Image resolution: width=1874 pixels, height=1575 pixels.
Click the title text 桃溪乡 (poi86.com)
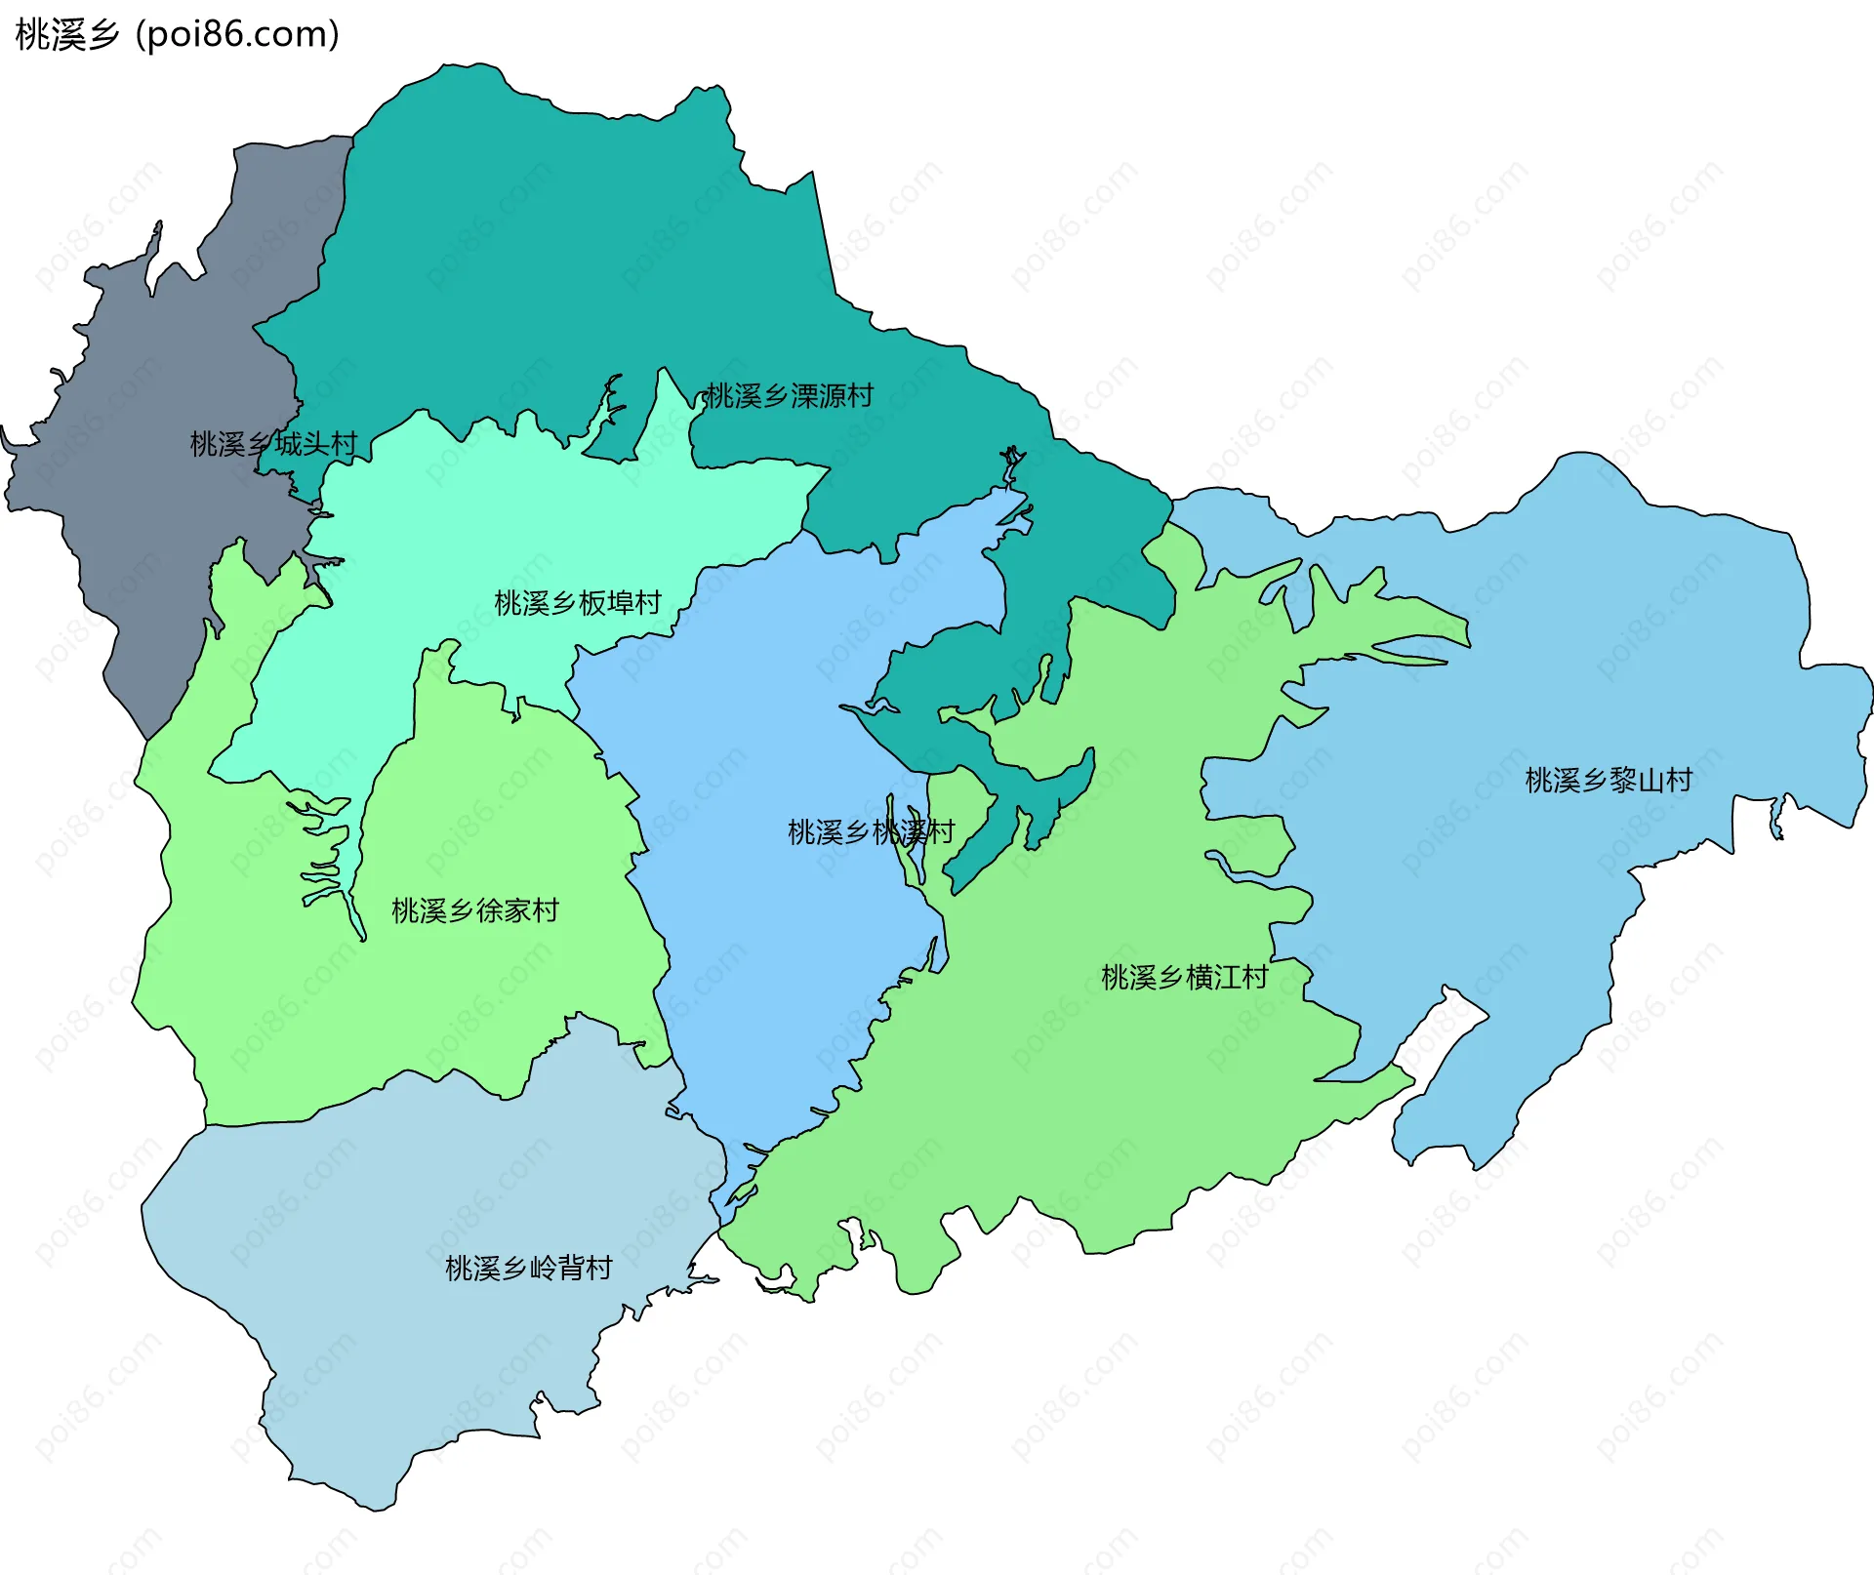point(178,35)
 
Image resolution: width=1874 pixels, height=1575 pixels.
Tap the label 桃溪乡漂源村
point(790,396)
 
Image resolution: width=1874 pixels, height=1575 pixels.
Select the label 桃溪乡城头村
point(273,444)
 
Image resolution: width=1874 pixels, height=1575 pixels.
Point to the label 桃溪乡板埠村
point(578,603)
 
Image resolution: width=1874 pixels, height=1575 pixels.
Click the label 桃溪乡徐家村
point(474,910)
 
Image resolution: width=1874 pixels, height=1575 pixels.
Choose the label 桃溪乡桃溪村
point(871,832)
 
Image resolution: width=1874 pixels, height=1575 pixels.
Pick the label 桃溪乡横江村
point(1184,977)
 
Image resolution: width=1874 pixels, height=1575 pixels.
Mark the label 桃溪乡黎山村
point(1608,780)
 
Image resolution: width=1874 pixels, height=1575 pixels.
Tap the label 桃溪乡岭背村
point(528,1268)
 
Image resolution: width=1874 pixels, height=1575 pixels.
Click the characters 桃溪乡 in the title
point(66,35)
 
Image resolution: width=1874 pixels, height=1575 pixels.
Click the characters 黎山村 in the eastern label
point(1650,780)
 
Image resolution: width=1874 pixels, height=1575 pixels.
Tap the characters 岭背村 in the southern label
point(570,1268)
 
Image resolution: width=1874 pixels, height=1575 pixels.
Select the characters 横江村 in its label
point(1227,977)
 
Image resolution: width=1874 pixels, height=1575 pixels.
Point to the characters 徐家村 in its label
point(517,910)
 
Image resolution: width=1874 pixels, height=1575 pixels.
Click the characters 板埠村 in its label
point(620,603)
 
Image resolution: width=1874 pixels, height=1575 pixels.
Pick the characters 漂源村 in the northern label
point(832,396)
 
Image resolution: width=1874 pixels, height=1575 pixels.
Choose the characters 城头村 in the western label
point(315,444)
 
